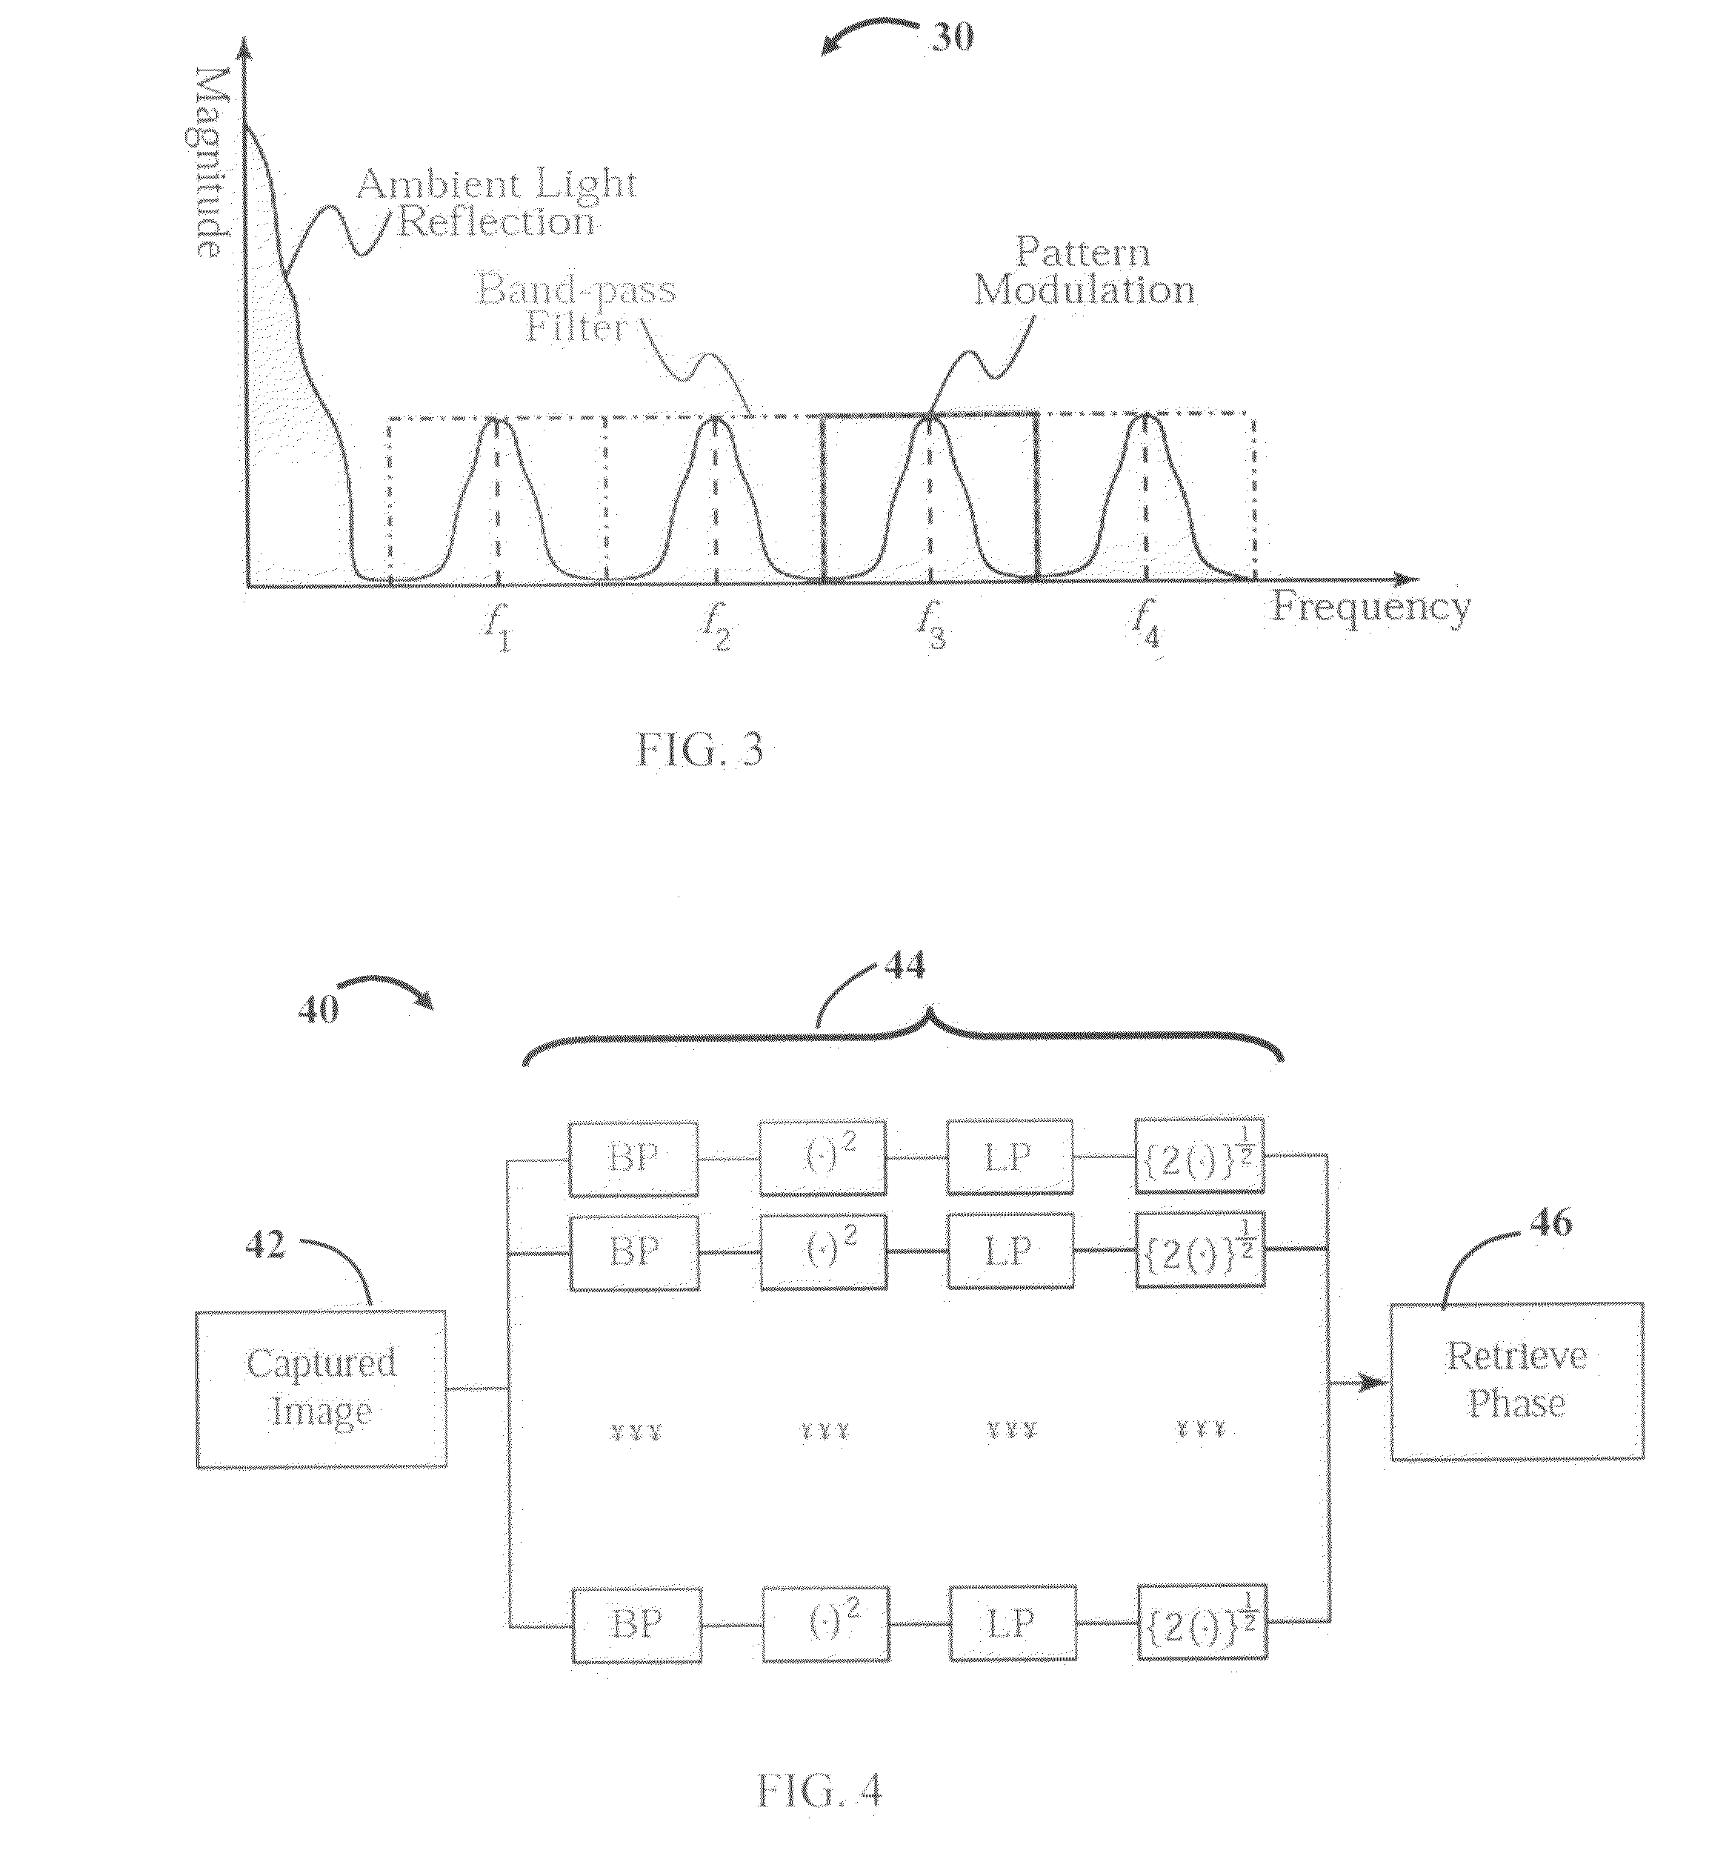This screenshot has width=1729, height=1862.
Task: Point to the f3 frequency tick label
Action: click(x=931, y=624)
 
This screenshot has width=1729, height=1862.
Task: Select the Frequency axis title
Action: click(x=1370, y=608)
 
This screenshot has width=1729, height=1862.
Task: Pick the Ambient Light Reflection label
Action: click(x=497, y=203)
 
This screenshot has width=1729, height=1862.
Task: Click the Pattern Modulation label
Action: click(x=1085, y=271)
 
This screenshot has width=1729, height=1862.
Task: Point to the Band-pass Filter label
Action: click(x=576, y=307)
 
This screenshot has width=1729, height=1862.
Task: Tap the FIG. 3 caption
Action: click(x=700, y=751)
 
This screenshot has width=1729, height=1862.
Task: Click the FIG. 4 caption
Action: click(x=819, y=1791)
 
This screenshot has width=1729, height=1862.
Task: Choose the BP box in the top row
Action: click(x=634, y=1158)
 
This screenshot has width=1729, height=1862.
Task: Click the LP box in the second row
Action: click(x=1010, y=1252)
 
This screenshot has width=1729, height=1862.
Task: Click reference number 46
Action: click(x=1550, y=1222)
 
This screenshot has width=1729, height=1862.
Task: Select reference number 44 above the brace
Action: click(x=905, y=964)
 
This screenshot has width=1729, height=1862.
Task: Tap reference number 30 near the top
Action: click(x=953, y=36)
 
